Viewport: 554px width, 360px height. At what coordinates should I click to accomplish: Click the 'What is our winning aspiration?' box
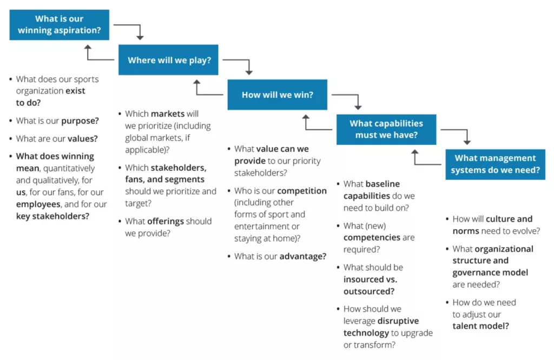point(60,25)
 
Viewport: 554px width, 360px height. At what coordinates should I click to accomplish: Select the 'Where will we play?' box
point(168,60)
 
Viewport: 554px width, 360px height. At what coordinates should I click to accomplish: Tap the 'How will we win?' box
point(277,95)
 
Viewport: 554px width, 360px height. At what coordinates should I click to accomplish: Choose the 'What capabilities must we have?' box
point(386,129)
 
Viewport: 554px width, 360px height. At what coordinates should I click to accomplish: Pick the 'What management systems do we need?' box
point(495,164)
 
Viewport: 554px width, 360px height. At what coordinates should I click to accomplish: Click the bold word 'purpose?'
point(80,121)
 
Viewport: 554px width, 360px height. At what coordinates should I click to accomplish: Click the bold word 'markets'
point(168,114)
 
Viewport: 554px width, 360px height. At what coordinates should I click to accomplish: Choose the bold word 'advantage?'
point(302,256)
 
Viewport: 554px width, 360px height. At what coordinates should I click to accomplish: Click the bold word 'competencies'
point(372,237)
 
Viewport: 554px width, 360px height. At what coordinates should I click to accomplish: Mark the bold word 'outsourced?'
point(368,291)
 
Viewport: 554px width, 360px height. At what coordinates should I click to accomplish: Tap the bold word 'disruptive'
point(399,321)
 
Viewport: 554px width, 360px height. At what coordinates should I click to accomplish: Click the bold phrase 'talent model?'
point(480,325)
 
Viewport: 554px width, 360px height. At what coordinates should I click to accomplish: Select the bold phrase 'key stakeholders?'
point(52,216)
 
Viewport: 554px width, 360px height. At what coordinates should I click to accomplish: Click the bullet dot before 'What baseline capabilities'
point(338,184)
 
